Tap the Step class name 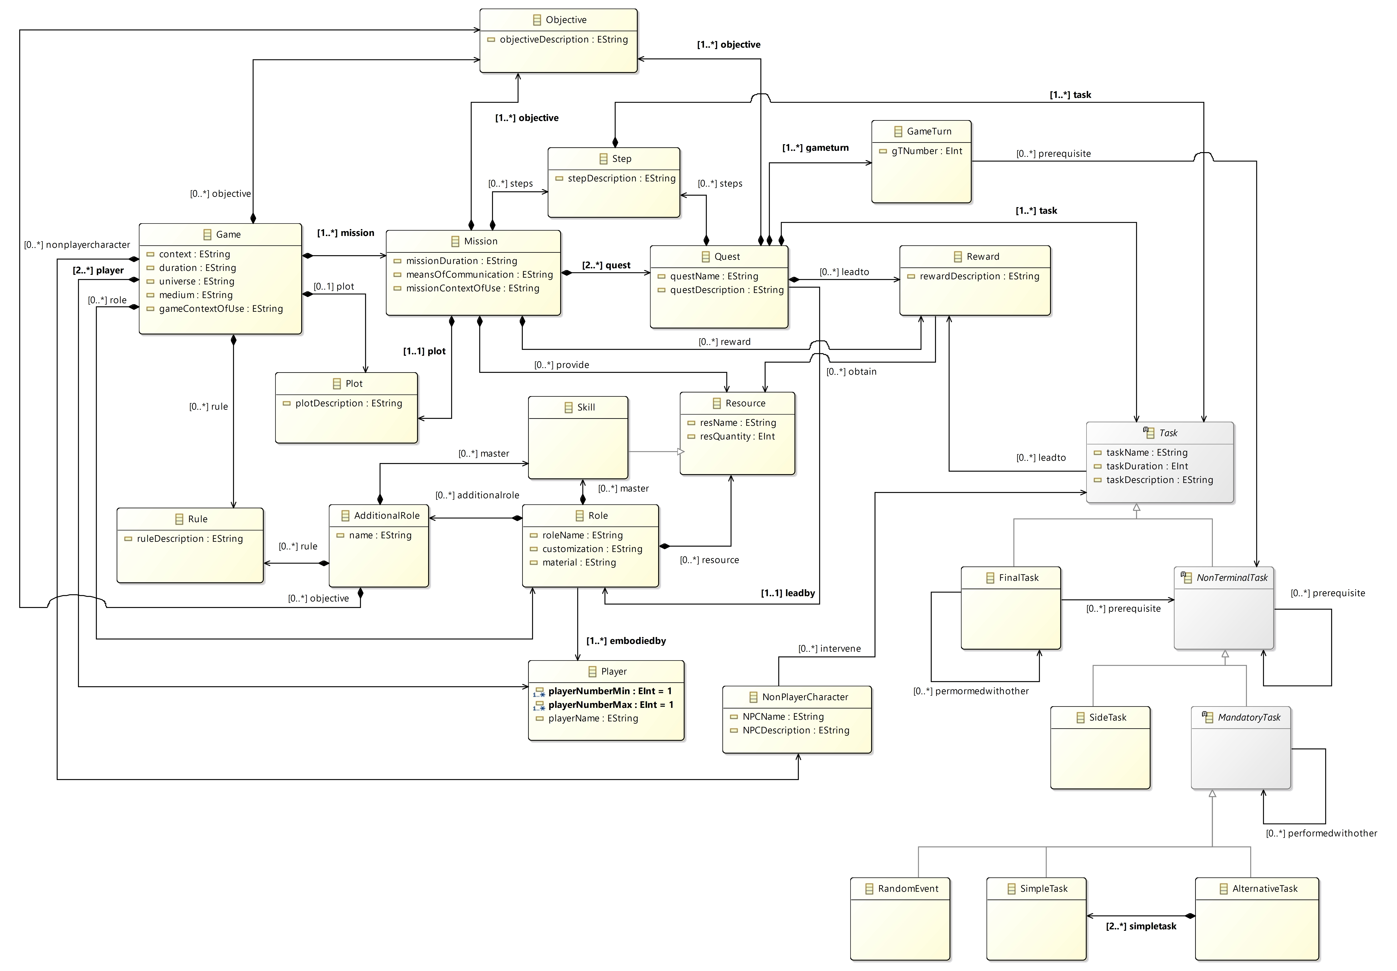coord(621,159)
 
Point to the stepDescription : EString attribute coord(621,178)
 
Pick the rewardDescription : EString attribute coord(979,276)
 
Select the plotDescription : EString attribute coord(348,403)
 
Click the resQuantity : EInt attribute coord(737,436)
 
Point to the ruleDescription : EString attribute coord(189,538)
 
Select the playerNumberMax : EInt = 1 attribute coord(610,705)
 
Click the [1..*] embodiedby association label coord(626,641)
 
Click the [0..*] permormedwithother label coord(971,691)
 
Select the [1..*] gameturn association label coord(815,148)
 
